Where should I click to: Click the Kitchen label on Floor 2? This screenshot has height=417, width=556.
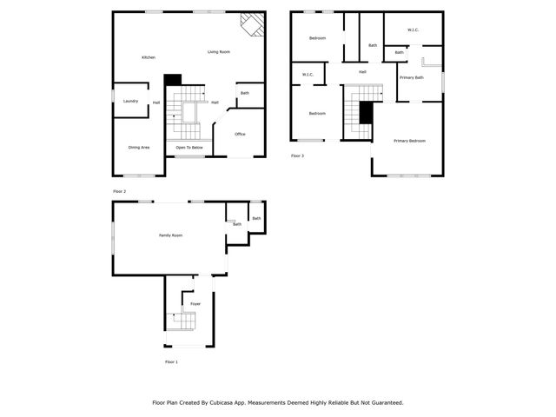149,57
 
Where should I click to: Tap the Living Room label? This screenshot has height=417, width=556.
219,52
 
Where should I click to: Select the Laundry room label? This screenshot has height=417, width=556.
131,101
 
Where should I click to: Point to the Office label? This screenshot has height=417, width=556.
240,134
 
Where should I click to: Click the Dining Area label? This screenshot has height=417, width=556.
139,148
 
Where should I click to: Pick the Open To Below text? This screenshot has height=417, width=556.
189,148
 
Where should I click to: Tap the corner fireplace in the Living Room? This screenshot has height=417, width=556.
252,23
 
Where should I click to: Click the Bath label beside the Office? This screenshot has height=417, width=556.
245,93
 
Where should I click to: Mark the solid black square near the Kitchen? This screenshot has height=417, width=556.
172,79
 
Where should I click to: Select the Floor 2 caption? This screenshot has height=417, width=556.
120,191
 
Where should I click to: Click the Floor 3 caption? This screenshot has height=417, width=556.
298,156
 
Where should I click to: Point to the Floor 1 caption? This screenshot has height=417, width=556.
171,361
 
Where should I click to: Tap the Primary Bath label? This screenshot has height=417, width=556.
412,77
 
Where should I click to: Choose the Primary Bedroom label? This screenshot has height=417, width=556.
409,140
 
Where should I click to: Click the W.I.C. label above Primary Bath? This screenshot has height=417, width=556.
414,30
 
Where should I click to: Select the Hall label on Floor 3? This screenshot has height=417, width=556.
362,71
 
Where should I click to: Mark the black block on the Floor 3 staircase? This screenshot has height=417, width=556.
366,111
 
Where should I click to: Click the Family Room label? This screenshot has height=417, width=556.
170,235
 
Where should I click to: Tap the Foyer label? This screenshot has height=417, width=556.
195,303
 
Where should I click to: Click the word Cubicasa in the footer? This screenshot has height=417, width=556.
223,403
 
